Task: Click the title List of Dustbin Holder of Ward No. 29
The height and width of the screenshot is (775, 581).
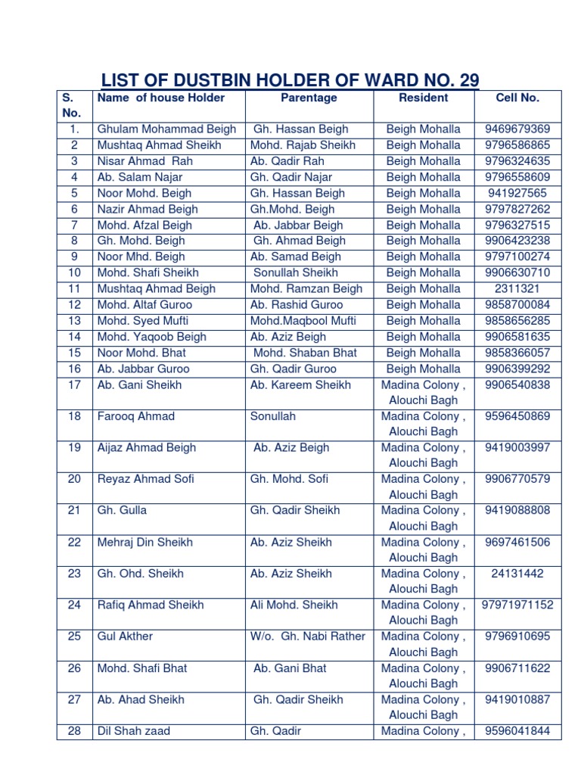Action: pyautogui.click(x=290, y=79)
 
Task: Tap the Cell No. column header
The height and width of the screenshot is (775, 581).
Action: pyautogui.click(x=517, y=98)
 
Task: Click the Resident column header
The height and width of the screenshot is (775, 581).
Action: pyautogui.click(x=423, y=98)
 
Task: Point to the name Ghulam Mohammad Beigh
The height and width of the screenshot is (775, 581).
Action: pyautogui.click(x=166, y=129)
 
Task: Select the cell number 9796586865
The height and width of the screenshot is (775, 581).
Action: pyautogui.click(x=517, y=145)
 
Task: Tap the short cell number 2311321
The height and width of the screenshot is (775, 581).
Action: pyautogui.click(x=517, y=288)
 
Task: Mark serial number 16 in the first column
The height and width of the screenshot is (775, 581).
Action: pyautogui.click(x=74, y=369)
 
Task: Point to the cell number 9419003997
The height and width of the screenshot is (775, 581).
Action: pyautogui.click(x=517, y=447)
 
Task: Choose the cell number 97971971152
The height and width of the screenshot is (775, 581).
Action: pyautogui.click(x=517, y=605)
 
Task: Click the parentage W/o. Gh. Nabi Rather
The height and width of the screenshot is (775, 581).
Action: pyautogui.click(x=307, y=636)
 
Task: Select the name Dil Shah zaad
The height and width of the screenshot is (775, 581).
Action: pyautogui.click(x=134, y=731)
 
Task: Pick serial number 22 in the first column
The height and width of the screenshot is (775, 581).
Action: pyautogui.click(x=74, y=542)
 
